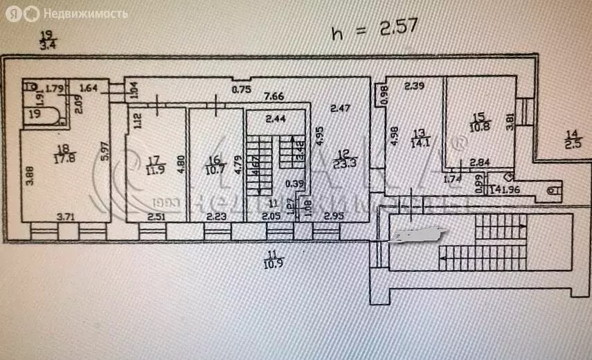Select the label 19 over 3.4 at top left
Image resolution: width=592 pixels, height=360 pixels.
47,41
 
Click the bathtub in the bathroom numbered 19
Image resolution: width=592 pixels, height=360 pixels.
40,113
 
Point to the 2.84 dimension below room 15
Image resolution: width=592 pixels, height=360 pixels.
479,163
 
